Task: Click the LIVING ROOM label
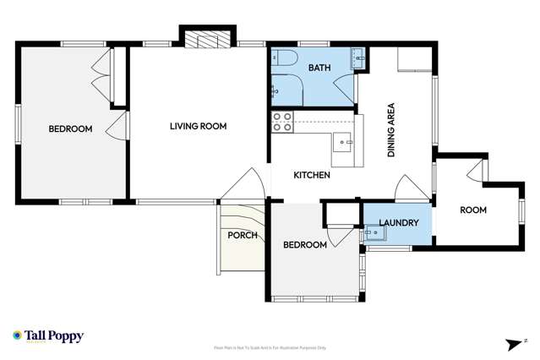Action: pos(198,127)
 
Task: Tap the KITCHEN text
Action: pos(311,176)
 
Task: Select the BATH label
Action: pos(319,68)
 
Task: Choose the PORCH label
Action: pos(243,235)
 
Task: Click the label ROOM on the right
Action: pos(472,210)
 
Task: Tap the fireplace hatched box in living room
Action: pos(207,39)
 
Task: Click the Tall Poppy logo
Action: pos(48,336)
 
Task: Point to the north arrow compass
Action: pos(514,342)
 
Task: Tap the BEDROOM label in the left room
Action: pos(69,129)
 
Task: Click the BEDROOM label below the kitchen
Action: pos(304,245)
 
